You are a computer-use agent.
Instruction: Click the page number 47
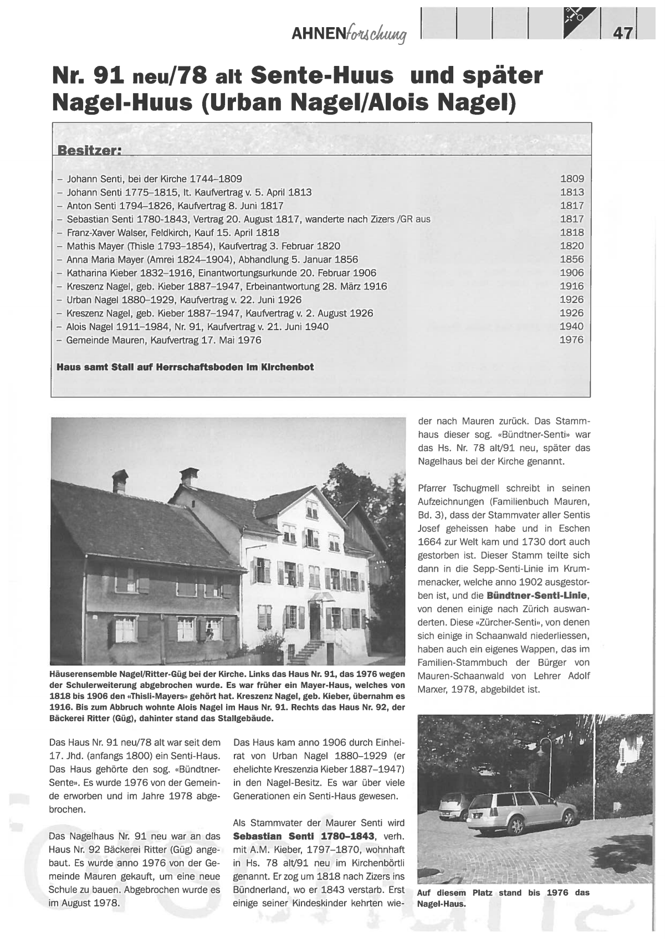tap(623, 33)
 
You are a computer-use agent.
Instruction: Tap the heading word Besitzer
tap(89, 151)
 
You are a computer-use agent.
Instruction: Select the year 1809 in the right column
tap(571, 179)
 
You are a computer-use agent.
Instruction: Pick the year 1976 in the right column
tap(571, 340)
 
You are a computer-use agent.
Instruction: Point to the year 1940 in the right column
tap(571, 326)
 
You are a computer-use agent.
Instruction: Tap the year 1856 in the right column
tap(571, 259)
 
